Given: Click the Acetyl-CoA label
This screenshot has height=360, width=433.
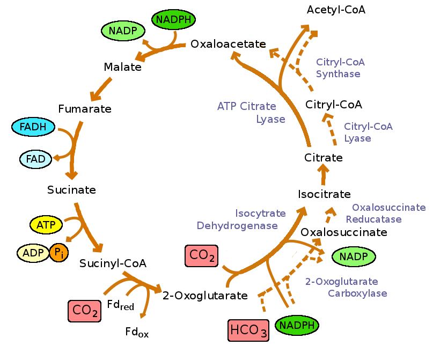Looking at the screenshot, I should click(x=336, y=10).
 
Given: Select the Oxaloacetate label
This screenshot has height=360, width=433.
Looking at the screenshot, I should click(x=228, y=44).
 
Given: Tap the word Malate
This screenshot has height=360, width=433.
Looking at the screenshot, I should click(x=122, y=67).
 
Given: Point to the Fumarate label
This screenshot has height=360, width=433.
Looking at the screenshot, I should click(x=85, y=109).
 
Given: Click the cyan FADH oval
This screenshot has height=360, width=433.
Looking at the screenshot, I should click(x=33, y=127).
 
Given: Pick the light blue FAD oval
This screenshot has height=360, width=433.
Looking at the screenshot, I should click(x=35, y=159).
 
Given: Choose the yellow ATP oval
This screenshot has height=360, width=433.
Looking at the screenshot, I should click(x=46, y=224).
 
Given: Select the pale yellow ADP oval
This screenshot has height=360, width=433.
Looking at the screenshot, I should click(x=33, y=253).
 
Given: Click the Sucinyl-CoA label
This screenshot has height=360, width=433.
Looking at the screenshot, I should click(x=113, y=263).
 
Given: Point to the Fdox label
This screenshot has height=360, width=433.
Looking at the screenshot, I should click(x=137, y=333).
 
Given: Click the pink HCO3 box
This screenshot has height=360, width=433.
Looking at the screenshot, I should click(x=248, y=330).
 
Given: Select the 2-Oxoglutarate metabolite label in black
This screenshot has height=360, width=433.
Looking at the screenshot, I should click(x=205, y=296).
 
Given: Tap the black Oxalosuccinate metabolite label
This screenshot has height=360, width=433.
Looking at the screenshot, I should click(x=343, y=232).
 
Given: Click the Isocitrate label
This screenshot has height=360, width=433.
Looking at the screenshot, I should click(x=324, y=194).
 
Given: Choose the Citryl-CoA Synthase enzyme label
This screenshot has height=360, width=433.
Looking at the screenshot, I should click(x=340, y=68).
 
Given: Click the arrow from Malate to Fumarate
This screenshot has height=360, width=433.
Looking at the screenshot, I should click(x=101, y=89).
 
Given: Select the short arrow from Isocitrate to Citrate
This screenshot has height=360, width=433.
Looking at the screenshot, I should click(x=324, y=175).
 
